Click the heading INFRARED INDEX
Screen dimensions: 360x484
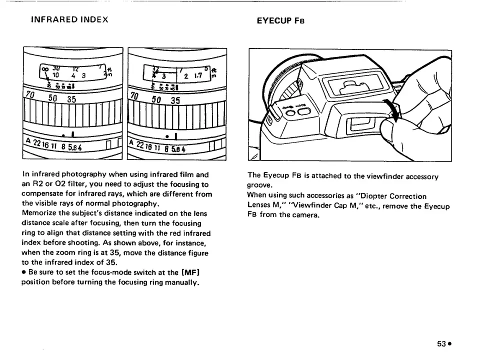click(x=69, y=20)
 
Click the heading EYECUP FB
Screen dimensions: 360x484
click(x=280, y=21)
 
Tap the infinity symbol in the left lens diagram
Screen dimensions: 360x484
click(x=44, y=69)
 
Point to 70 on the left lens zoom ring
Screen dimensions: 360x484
click(x=31, y=95)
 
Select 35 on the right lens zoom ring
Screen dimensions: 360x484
click(x=175, y=99)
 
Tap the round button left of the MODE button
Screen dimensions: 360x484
click(x=290, y=112)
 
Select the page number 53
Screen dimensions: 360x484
click(x=441, y=343)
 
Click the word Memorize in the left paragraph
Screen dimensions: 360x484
click(x=39, y=213)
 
